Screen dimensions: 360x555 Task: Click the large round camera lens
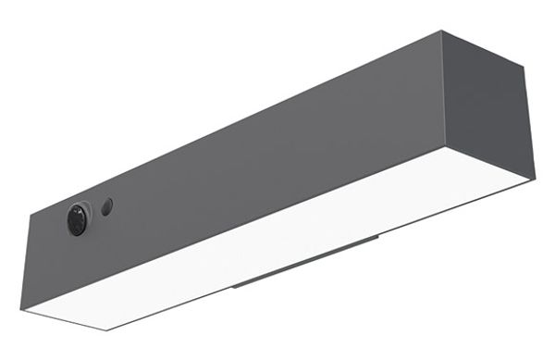pyautogui.click(x=77, y=220)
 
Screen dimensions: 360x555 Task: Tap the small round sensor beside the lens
pyautogui.click(x=107, y=205)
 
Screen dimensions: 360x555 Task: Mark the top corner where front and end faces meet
pyautogui.click(x=441, y=31)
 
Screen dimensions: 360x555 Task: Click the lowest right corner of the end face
pyautogui.click(x=535, y=178)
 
